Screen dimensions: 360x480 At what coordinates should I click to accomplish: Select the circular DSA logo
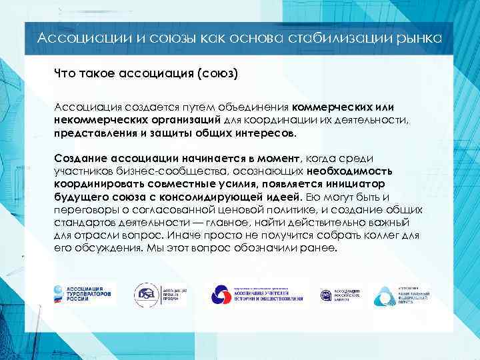pyautogui.click(x=146, y=294)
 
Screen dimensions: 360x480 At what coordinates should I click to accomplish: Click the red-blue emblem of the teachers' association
pyautogui.click(x=221, y=294)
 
